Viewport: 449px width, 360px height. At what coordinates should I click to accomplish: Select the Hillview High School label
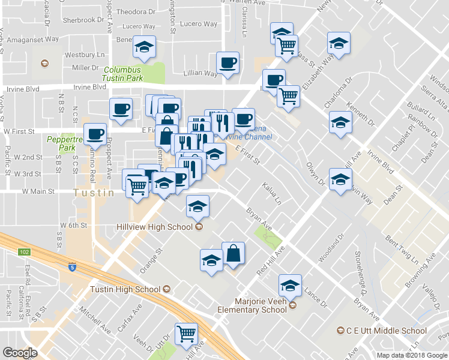[154, 227]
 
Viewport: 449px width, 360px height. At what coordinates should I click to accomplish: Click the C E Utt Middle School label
[387, 331]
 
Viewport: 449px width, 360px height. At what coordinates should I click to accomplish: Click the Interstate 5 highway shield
[72, 268]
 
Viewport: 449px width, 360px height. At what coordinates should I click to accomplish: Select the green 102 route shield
[24, 252]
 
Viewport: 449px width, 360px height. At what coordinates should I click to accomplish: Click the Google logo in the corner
[20, 353]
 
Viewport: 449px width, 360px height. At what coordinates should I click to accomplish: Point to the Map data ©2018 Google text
[412, 355]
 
